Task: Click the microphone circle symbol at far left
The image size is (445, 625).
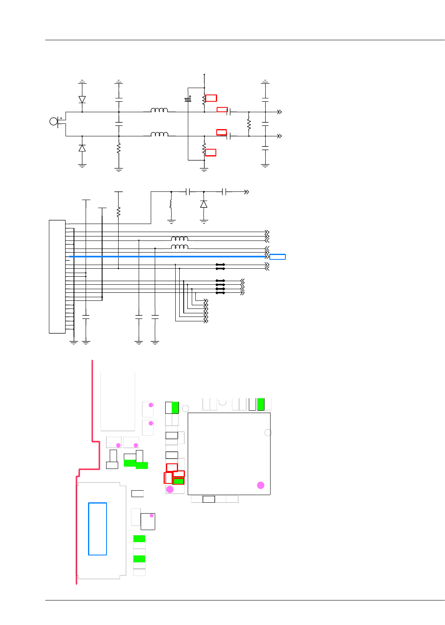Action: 53,121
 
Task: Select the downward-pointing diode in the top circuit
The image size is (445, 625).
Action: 82,99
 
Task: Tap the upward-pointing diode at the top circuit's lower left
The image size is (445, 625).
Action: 82,148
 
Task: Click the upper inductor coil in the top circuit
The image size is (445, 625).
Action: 160,110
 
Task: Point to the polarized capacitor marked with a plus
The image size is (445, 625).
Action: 188,99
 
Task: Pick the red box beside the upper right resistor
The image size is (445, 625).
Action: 211,98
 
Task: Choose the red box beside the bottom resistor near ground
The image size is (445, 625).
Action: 211,152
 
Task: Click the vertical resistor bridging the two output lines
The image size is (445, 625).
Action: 249,124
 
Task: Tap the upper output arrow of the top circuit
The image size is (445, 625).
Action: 279,112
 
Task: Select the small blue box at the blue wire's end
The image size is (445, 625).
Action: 277,257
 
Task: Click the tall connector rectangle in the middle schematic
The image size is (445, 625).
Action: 57,277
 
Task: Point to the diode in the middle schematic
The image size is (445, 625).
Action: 204,204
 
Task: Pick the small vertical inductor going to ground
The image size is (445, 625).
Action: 171,204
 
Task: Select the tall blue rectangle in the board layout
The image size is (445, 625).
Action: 97,529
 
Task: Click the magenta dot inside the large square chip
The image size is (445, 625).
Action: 260,485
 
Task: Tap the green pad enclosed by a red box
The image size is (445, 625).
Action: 178,481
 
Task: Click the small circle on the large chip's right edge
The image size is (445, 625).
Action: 268,432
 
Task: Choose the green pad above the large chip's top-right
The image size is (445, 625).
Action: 261,404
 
